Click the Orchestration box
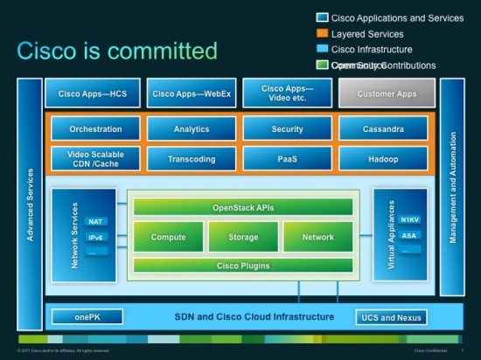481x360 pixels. coord(94,129)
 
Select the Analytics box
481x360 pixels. coord(192,129)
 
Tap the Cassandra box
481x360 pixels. coord(384,129)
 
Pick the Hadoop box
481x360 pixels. coord(384,159)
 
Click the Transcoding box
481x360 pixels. coord(192,159)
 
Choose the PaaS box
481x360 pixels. coord(287,159)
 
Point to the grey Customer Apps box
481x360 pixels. coord(387,93)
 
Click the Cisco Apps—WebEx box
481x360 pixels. coord(192,93)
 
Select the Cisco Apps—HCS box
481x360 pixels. coord(94,93)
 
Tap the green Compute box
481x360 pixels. coord(168,237)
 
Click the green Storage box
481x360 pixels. coord(242,237)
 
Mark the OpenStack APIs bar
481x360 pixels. coord(242,208)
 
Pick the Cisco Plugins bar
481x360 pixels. coord(242,266)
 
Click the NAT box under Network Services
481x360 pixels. coord(97,222)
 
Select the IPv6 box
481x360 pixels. coord(97,237)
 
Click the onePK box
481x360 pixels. coord(87,317)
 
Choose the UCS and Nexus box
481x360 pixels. coord(391,317)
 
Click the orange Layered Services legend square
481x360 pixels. coord(322,33)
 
